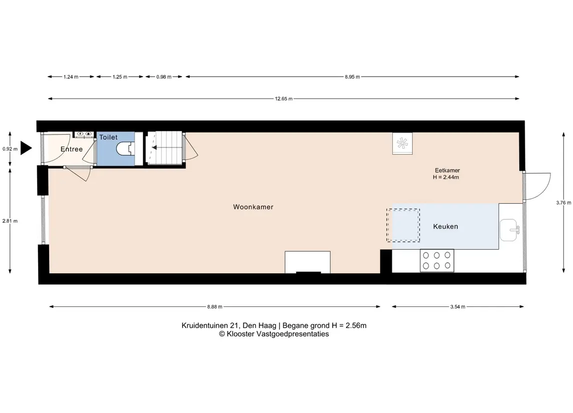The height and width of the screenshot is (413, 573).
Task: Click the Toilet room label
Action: point(109,138)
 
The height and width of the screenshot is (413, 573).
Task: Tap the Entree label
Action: point(72,149)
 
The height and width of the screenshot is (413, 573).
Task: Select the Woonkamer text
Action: point(253,207)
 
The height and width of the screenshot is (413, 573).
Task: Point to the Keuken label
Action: point(445,227)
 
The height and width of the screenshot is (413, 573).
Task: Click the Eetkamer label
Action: point(447,170)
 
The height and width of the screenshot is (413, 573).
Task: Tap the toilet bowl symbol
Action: point(125,149)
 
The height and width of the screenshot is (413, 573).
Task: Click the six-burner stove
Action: point(437,261)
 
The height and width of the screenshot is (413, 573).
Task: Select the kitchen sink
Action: point(509,230)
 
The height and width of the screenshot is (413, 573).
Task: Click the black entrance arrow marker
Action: point(26,148)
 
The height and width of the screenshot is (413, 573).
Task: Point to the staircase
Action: point(164,148)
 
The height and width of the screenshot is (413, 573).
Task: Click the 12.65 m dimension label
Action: point(284,99)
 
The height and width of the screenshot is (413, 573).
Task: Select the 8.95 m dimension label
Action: point(352,77)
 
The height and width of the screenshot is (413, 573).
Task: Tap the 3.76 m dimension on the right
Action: point(563,203)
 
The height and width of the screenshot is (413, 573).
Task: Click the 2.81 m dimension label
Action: point(10,221)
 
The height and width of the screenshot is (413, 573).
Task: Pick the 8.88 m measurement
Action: point(215,307)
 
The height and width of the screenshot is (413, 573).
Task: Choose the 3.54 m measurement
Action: point(458,307)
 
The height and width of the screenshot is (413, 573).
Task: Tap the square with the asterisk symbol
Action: point(402,143)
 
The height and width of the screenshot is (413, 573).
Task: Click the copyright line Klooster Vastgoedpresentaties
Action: point(274,334)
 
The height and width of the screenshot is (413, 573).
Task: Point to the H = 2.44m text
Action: point(446,177)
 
